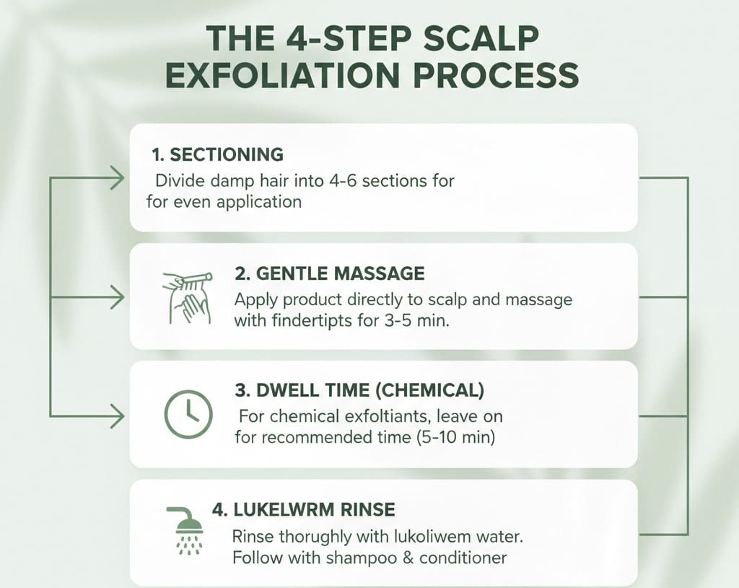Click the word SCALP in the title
coord(491,38)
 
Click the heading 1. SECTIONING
coord(217,154)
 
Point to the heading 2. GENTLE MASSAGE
coord(330,273)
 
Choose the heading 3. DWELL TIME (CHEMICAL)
coord(359,391)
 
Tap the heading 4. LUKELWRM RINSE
coord(304,510)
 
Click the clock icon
coord(188,415)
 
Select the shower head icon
coord(186,530)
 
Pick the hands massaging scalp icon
coord(185,297)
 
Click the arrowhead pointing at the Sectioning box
coord(115,177)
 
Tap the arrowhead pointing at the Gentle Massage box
coord(115,296)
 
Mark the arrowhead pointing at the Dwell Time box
coord(115,416)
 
